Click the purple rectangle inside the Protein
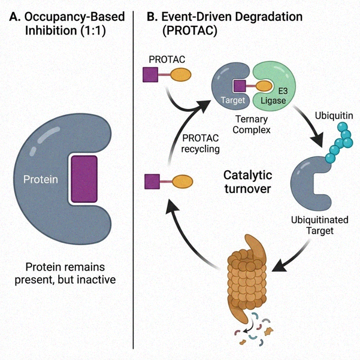coord(84,178)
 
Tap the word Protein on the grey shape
coord(41,180)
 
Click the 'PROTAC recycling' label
coord(200,143)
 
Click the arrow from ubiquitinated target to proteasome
coord(291,258)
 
